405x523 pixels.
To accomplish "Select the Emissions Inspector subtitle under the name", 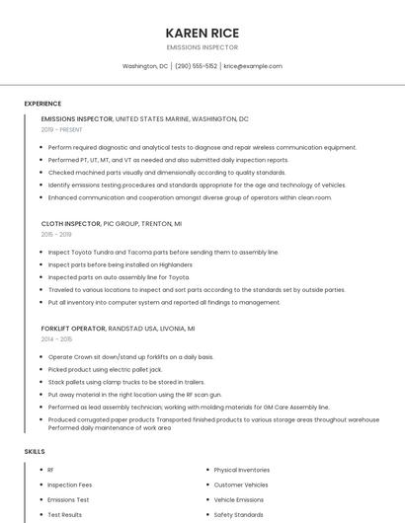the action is tap(202, 46).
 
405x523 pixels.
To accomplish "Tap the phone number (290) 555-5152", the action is tap(196, 66).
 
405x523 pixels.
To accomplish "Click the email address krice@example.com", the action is tap(253, 66).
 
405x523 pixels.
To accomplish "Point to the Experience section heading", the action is tap(42, 104).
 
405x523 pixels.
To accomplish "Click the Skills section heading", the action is tap(34, 451).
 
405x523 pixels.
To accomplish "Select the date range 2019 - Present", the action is tap(62, 129).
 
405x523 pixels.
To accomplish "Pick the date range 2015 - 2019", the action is tap(56, 234).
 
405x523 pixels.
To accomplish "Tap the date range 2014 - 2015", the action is tap(56, 338).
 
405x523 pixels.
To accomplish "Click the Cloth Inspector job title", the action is tap(70, 224).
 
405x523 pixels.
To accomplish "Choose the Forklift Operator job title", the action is tap(73, 329).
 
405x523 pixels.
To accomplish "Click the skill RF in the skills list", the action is tap(50, 470).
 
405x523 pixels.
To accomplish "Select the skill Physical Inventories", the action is tap(241, 470).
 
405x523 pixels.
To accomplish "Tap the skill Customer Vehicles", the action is tap(240, 485).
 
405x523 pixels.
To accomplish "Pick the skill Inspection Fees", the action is tap(69, 485).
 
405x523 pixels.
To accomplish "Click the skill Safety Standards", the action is tap(238, 514).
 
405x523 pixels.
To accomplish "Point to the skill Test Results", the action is tap(64, 514).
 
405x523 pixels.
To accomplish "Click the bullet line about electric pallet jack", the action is tap(105, 369).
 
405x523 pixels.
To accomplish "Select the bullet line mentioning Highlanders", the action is tap(120, 264).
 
